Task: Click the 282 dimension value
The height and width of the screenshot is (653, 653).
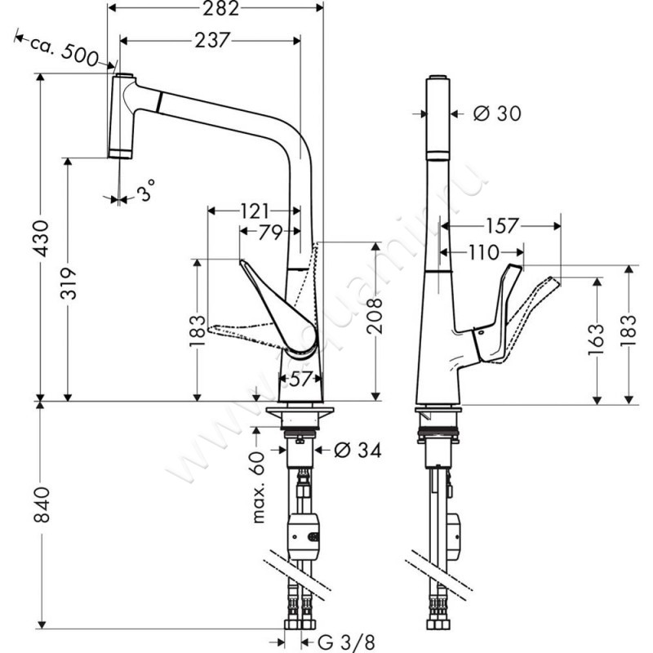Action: click(x=216, y=11)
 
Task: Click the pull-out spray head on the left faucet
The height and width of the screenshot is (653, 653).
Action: click(x=123, y=115)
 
